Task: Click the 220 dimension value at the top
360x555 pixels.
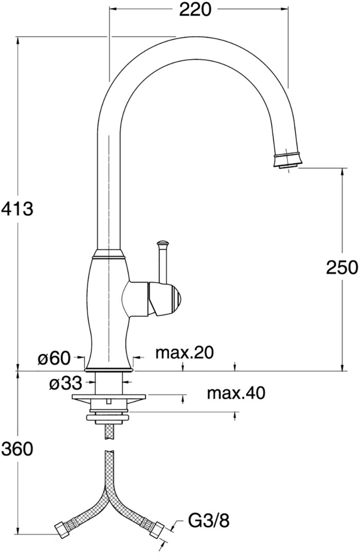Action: coord(195,10)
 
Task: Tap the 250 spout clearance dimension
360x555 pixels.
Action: coord(342,267)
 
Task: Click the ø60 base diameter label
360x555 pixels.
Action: coord(55,359)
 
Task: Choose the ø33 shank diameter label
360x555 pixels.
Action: coord(65,383)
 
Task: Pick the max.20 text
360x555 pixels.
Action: coord(185,353)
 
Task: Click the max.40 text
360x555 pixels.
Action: coord(236,393)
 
